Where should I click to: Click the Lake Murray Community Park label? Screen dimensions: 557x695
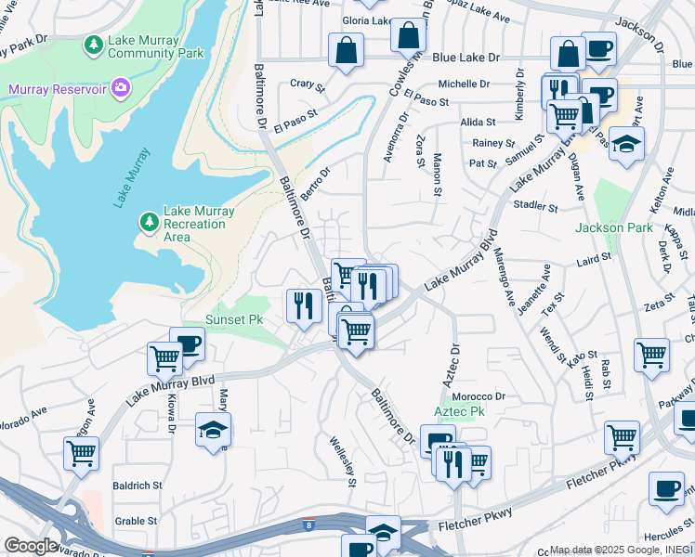point(155,47)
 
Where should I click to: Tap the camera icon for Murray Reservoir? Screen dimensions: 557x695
point(120,88)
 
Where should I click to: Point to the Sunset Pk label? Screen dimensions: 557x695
point(227,319)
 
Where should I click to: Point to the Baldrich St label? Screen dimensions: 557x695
point(138,486)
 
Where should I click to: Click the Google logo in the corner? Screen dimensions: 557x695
point(31,546)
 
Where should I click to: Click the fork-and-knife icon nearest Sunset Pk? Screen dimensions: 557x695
point(303,304)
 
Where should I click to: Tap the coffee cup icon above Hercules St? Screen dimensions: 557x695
point(665,489)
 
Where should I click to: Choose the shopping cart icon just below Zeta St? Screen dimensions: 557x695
point(651,354)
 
